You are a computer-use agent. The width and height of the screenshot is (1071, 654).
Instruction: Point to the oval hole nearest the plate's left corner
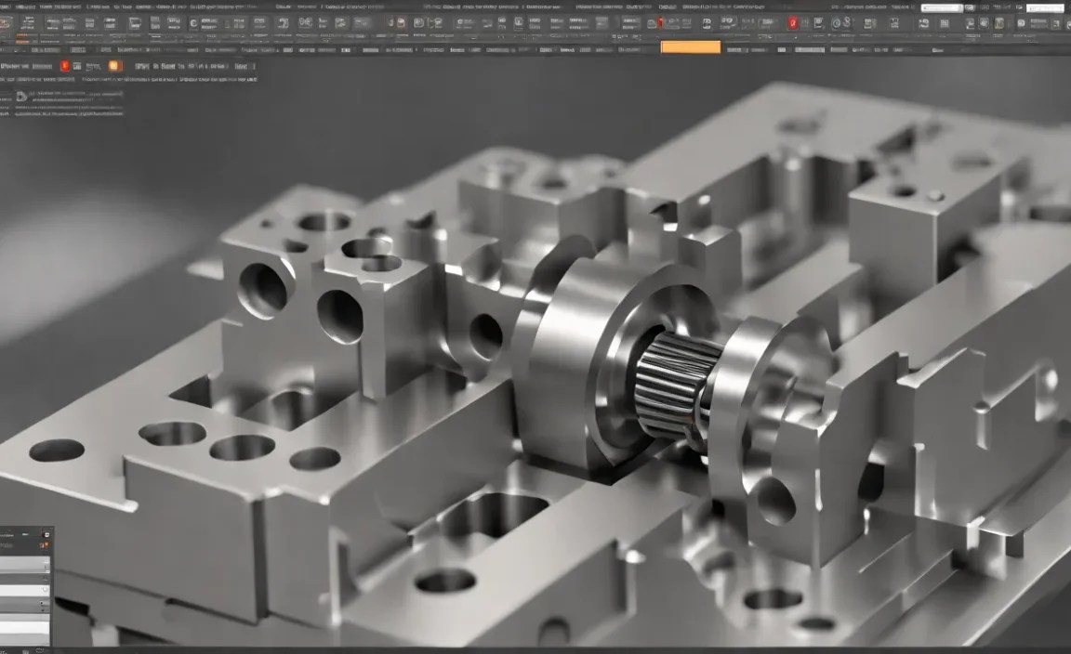click(57, 451)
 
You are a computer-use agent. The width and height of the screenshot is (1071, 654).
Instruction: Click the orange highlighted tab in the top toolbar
click(690, 46)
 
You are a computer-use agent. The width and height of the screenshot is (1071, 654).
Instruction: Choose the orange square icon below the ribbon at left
click(114, 66)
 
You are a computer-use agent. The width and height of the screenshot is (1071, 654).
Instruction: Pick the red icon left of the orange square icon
click(64, 66)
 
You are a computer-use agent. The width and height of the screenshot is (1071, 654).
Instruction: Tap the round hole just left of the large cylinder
click(485, 334)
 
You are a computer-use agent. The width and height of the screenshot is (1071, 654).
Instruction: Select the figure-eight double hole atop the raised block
click(372, 255)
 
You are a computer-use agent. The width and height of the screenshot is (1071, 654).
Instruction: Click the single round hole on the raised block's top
click(324, 222)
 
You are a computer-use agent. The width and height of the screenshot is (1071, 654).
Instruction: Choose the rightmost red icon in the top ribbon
click(793, 23)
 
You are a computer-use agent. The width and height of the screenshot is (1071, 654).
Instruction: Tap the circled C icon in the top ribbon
click(193, 23)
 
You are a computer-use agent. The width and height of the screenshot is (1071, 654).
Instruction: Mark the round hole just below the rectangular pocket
click(445, 581)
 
